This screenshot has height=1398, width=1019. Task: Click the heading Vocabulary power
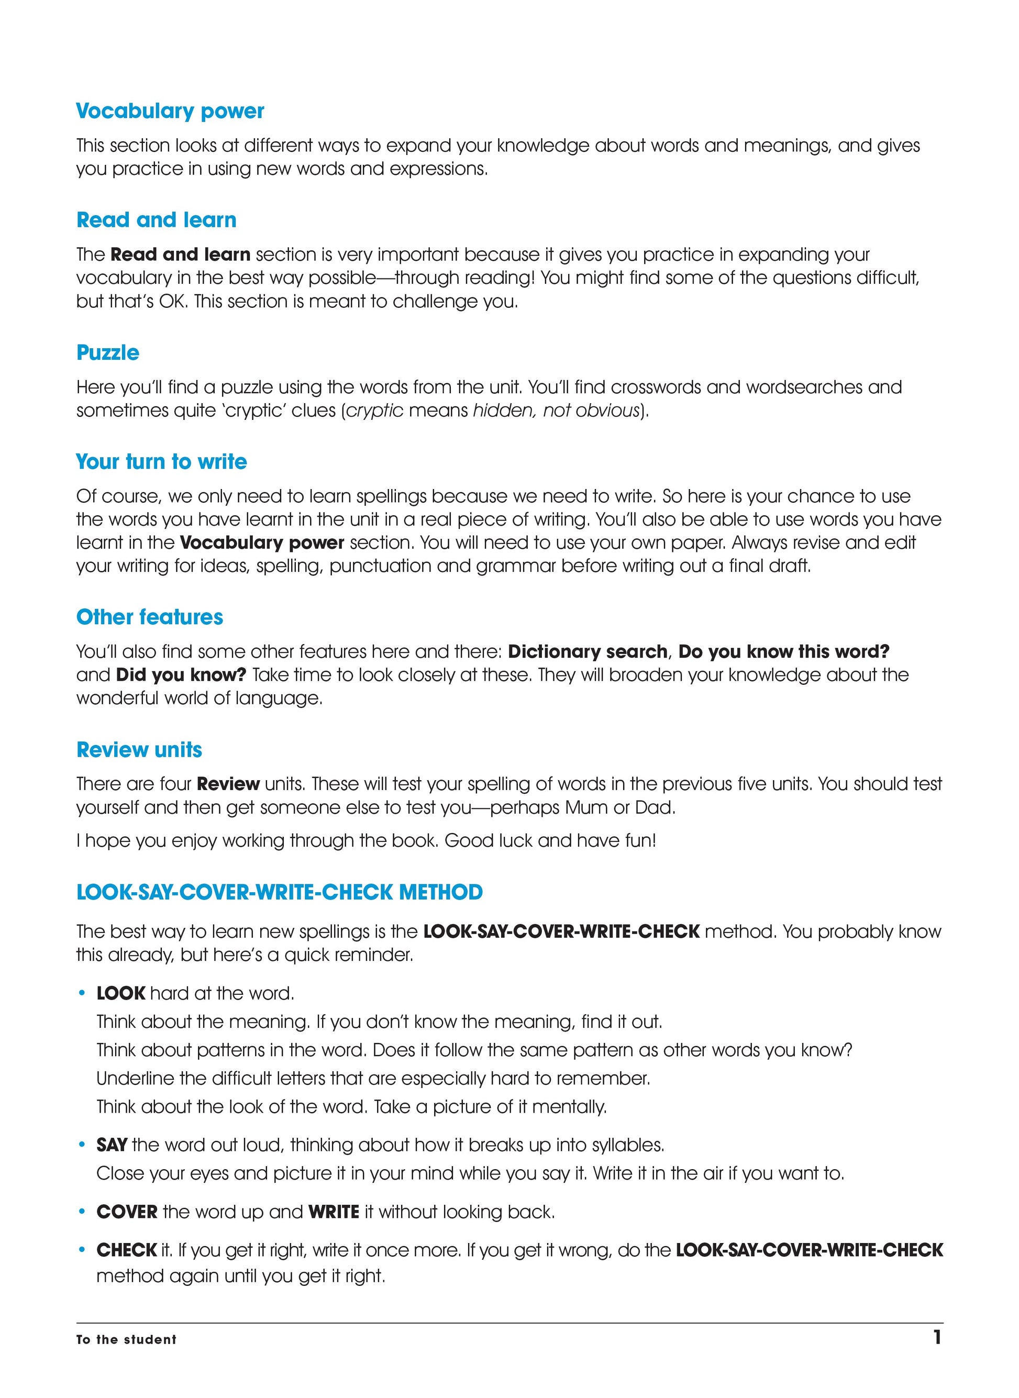click(x=170, y=111)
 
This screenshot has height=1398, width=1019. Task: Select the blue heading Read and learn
click(x=156, y=220)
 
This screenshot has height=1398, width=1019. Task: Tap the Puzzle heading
click(x=107, y=353)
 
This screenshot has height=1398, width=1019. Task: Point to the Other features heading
click(x=149, y=617)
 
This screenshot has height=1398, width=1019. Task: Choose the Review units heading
click(x=139, y=750)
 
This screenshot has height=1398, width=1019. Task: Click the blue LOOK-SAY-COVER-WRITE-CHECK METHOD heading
click(x=280, y=892)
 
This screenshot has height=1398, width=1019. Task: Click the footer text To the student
click(x=126, y=1339)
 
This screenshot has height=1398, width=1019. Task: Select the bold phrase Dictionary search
click(x=587, y=652)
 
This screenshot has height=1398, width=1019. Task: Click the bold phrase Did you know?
click(x=181, y=674)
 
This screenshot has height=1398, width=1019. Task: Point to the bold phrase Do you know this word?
click(x=783, y=652)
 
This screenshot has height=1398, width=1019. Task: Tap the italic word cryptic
click(x=374, y=410)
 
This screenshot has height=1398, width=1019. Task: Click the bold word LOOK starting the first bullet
click(x=121, y=993)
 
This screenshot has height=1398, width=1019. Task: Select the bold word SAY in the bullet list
click(x=112, y=1145)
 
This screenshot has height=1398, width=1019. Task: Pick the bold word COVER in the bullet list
click(x=127, y=1212)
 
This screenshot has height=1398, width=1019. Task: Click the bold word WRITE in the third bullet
click(x=334, y=1212)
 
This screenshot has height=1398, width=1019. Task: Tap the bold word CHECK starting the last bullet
click(x=126, y=1250)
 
